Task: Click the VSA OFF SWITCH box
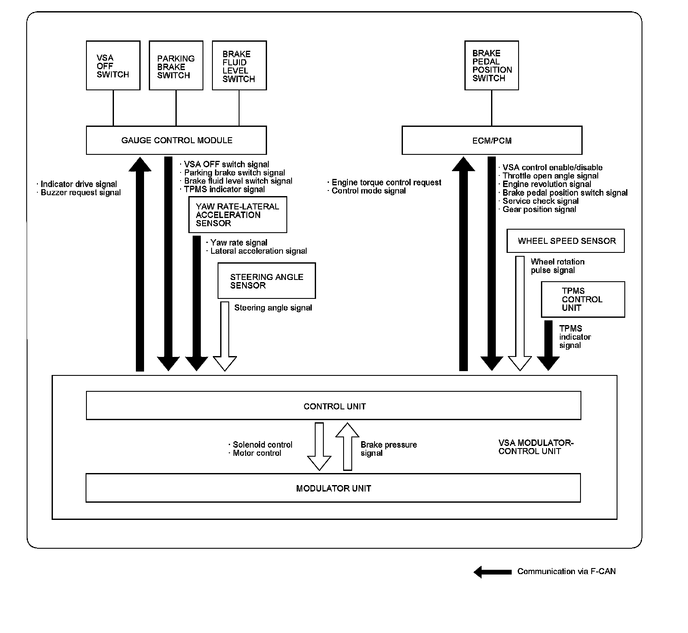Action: [113, 65]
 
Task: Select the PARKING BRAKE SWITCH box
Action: [176, 65]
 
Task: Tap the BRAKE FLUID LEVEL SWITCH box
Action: [240, 65]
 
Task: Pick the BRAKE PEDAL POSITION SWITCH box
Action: [491, 65]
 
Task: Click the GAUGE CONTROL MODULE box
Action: [176, 140]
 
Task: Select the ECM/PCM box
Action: [492, 140]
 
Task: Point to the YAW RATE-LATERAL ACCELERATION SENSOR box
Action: [237, 215]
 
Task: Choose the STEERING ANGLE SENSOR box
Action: [267, 281]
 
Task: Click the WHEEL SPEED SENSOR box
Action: [565, 241]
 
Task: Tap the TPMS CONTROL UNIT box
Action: [583, 299]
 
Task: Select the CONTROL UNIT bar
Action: [334, 406]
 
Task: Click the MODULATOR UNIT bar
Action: [333, 488]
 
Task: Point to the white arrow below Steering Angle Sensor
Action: [225, 335]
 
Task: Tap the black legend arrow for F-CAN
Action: [492, 572]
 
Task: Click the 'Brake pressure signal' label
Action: [388, 449]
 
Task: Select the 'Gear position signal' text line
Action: [539, 209]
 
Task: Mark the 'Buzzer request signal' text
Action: [80, 193]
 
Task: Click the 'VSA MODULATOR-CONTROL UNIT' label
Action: [536, 447]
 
